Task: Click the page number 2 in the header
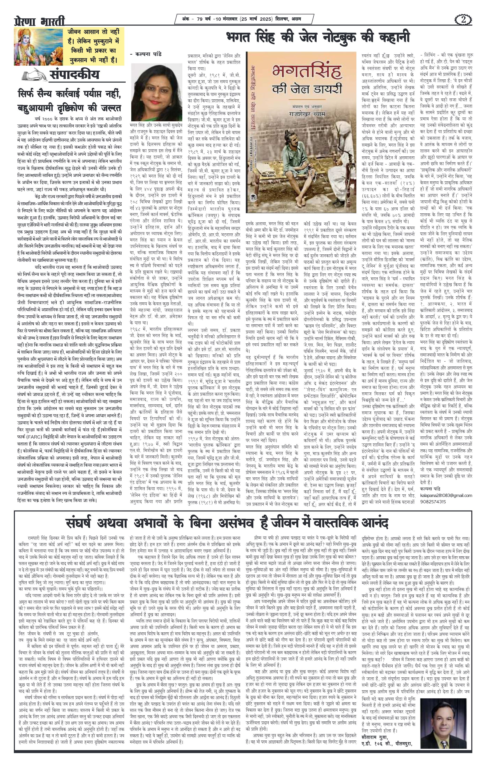(463, 20)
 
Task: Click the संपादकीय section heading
(74, 75)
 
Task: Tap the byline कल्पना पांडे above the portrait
(146, 54)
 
